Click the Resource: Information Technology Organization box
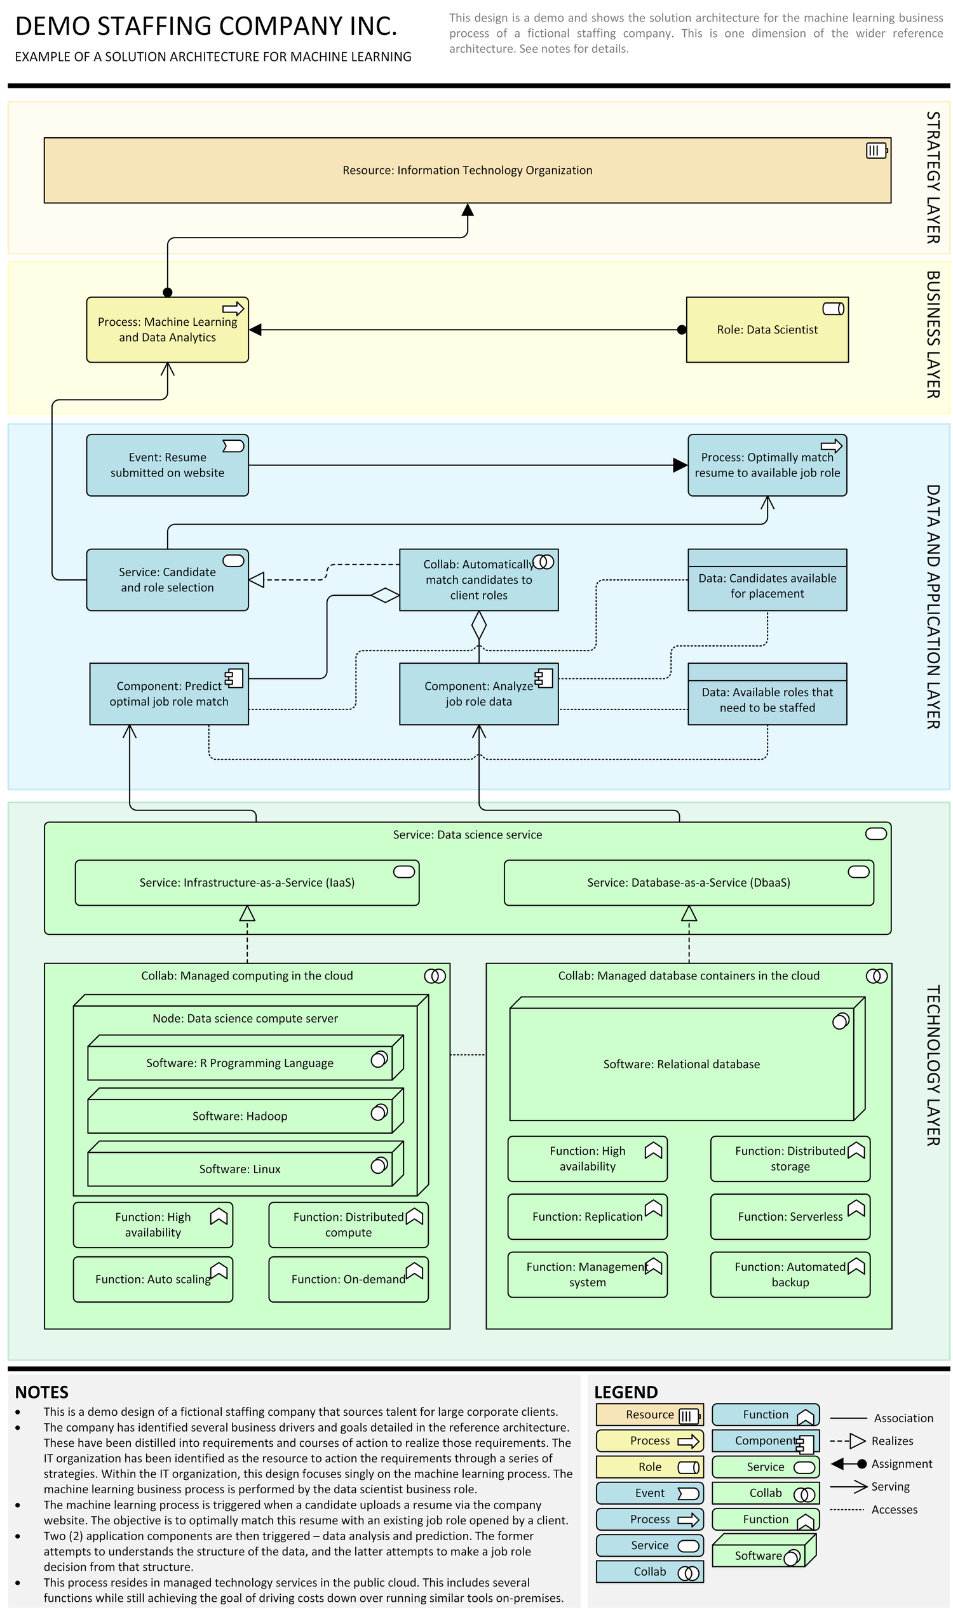[x=467, y=170]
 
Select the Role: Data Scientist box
[x=767, y=330]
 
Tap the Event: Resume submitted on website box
[x=167, y=465]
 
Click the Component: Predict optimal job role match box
[x=168, y=694]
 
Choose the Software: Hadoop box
[x=240, y=1116]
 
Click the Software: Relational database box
[x=680, y=1065]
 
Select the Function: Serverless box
[x=789, y=1216]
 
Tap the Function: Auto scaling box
[x=153, y=1279]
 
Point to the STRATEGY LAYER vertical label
[x=933, y=177]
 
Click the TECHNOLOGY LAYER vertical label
[x=933, y=1066]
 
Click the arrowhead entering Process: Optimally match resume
[x=679, y=466]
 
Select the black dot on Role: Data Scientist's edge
[x=681, y=330]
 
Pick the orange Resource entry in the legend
[x=649, y=1415]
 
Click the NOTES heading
[x=42, y=1392]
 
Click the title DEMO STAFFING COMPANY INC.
[x=206, y=26]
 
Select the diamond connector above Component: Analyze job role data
[x=478, y=625]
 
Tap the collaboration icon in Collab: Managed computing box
[x=435, y=976]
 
